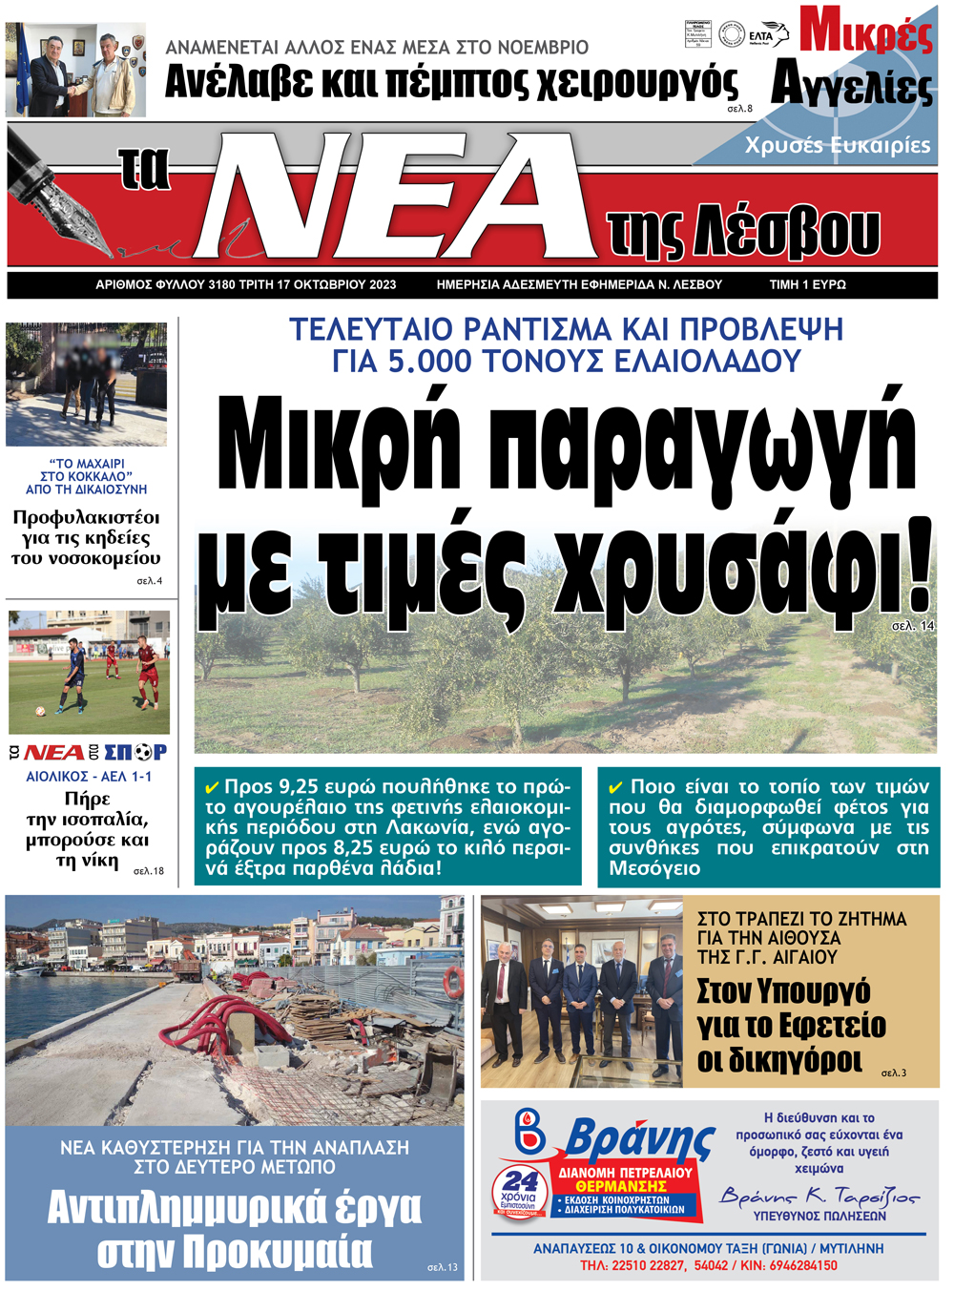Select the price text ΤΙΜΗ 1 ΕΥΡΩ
(x=807, y=284)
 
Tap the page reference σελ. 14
(x=912, y=626)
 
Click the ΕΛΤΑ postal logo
(x=768, y=35)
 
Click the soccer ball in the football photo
(x=40, y=711)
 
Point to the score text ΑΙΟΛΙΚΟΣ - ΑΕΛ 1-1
(x=89, y=777)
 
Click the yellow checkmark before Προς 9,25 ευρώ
(x=212, y=788)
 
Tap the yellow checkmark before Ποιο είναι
(x=616, y=788)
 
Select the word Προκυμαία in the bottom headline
(x=277, y=1251)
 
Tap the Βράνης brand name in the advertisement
(x=638, y=1140)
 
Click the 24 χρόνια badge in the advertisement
(x=520, y=1189)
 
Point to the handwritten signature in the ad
(x=819, y=1196)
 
